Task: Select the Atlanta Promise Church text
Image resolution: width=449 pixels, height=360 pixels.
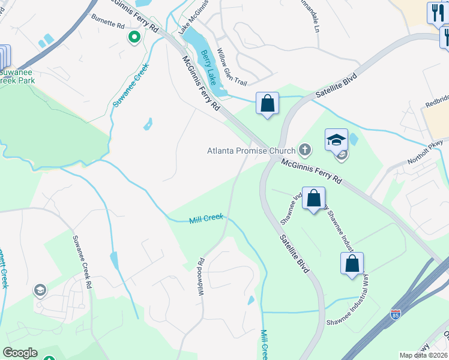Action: (x=252, y=151)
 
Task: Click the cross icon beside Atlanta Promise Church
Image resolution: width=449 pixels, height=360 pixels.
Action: (x=305, y=150)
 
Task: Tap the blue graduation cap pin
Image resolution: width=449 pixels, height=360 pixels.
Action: (x=336, y=140)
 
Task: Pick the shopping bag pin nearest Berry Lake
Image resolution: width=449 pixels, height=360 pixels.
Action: (x=267, y=103)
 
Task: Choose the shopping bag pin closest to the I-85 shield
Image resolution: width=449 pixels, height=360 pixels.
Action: (x=352, y=263)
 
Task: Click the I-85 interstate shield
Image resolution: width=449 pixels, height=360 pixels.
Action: (x=395, y=314)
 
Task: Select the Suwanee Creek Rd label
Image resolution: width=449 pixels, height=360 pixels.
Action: (x=82, y=259)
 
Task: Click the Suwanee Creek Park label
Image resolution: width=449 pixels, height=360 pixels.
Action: (x=17, y=75)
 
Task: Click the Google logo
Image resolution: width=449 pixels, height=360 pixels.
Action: (x=20, y=353)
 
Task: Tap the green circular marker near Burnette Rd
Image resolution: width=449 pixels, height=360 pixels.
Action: (x=134, y=38)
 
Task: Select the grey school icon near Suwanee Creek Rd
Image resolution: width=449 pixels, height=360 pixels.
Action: (x=40, y=291)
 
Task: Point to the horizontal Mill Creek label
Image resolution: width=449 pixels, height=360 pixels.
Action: (x=206, y=220)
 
